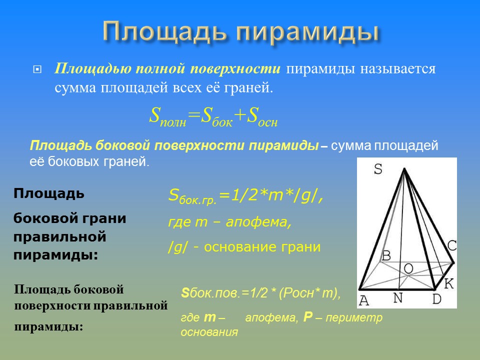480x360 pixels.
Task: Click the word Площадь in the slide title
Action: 164,32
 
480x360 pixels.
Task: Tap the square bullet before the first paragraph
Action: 36,69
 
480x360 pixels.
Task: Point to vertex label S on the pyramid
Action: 378,169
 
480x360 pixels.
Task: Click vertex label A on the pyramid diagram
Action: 363,300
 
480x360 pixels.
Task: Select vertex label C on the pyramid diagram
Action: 451,246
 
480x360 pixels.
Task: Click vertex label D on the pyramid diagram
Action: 436,299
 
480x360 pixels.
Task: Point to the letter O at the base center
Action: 408,269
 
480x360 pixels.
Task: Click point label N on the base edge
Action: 398,298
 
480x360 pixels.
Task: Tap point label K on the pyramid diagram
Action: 448,284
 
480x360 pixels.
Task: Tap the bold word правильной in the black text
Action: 60,236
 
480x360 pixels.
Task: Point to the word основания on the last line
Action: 209,331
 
